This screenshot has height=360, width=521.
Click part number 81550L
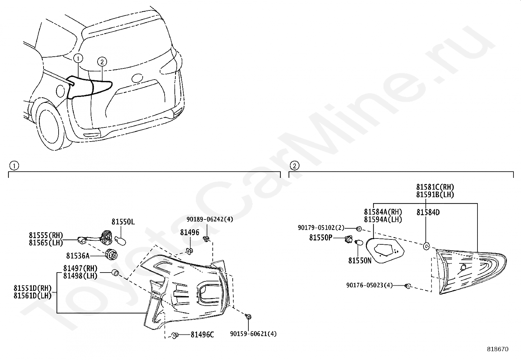123,222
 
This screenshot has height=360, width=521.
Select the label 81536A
78,255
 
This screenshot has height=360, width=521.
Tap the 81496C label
202,335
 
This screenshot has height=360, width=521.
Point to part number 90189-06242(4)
210,219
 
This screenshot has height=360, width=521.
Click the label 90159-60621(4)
253,334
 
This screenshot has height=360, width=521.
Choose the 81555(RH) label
46,236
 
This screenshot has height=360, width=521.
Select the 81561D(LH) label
33,295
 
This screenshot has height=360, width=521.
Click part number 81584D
428,213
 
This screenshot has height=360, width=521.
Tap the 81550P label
321,238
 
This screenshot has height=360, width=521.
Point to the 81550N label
360,261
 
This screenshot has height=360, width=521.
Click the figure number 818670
497,349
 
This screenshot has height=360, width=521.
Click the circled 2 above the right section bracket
295,166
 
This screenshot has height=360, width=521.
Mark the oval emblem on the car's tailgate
136,78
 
